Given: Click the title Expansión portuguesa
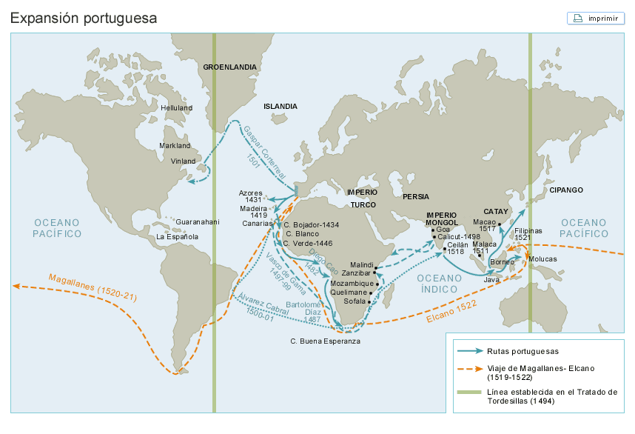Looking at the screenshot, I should click(x=84, y=18).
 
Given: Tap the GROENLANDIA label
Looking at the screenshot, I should click(x=229, y=67).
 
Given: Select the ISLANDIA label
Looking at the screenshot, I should click(x=280, y=107).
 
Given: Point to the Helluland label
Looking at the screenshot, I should click(x=176, y=107).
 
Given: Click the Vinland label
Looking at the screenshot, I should click(x=184, y=161).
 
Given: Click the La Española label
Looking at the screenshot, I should click(x=177, y=237).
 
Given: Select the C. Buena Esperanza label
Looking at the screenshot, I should click(x=325, y=341).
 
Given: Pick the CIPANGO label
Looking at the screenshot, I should click(x=565, y=190).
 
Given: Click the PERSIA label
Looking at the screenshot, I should click(x=415, y=197).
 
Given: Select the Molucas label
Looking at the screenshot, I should click(x=543, y=259).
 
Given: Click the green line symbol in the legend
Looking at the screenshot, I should click(x=468, y=392).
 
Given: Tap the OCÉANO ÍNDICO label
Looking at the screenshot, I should click(x=438, y=283).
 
